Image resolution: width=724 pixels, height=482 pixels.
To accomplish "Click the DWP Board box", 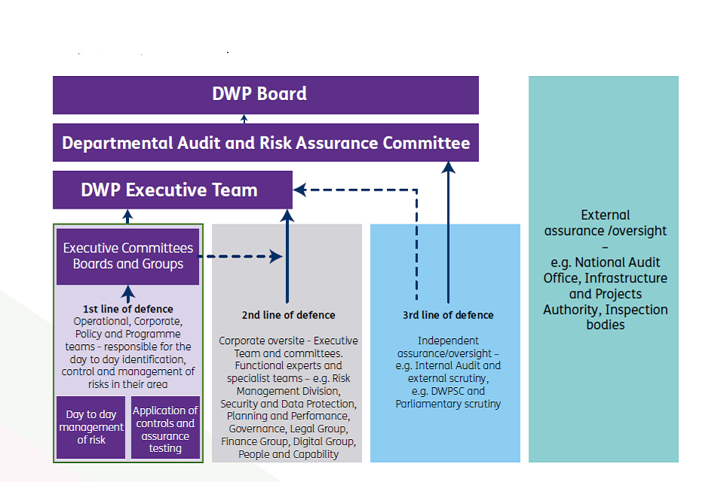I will coord(265,95).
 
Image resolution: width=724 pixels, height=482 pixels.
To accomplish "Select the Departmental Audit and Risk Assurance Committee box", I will coord(265,143).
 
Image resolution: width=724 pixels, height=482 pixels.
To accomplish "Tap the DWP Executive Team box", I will coord(172,190).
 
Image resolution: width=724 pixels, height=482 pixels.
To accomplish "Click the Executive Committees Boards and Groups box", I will coord(127,256).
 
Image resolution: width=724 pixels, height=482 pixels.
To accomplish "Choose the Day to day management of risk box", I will coord(91,426).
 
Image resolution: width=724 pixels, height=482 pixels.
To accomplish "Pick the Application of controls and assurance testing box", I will coord(165,429).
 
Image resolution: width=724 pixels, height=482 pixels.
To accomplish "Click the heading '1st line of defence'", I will coord(127,309).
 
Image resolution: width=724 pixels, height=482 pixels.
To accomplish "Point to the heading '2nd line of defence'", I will coord(288,315).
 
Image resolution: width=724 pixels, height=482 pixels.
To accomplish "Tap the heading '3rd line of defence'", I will coord(448,315).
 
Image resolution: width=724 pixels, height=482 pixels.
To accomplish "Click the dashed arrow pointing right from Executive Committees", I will coord(241,256).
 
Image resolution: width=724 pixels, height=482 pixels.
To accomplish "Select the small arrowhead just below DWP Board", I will coord(244,118).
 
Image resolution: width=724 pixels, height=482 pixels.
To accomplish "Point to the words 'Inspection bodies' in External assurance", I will coord(606,317).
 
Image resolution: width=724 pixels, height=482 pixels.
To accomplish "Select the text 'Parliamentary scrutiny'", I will coord(448,404).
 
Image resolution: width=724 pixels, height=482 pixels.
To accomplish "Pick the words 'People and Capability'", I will coord(288,454).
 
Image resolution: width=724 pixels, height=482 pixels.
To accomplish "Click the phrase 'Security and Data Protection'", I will coord(288,403).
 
